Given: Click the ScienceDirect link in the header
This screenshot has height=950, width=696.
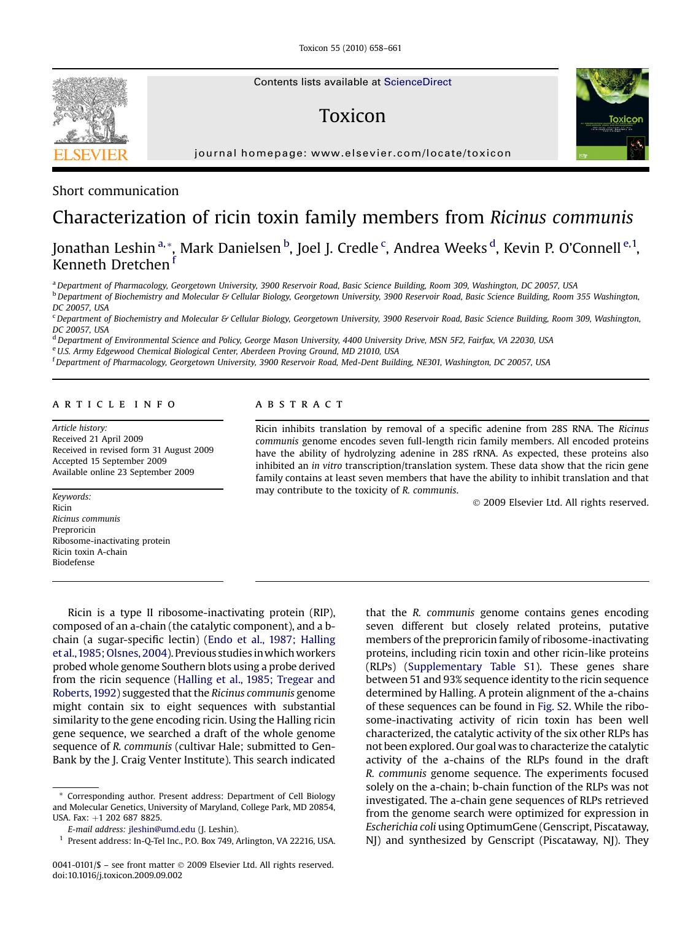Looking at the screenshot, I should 417,82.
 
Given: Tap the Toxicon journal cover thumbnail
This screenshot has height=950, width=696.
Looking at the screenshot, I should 612,114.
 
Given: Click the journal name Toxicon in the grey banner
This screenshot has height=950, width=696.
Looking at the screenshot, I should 352,116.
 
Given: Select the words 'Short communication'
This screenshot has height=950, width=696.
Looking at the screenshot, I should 115,191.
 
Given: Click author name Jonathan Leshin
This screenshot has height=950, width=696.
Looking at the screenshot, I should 104,248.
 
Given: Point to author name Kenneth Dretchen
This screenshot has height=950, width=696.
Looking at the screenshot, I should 110,265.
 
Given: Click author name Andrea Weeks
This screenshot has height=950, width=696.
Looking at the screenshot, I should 440,248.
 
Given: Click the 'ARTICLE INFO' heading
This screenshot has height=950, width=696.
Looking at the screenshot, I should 114,404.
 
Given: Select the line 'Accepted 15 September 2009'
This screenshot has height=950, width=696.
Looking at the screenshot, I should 109,461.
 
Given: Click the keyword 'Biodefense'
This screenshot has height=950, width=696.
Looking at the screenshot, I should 73,562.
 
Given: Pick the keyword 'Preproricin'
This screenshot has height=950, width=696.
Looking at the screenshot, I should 74,530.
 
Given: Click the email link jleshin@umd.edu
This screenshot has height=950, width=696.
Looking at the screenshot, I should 161,829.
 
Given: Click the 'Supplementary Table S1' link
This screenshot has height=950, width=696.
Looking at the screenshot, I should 471,666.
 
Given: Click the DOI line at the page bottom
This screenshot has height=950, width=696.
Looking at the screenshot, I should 117,876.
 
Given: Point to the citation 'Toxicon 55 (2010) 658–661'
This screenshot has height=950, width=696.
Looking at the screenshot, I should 350,48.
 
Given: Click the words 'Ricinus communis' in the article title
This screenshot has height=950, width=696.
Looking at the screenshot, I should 561,218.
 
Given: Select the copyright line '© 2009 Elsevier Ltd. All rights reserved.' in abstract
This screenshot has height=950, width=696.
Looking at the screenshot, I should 560,503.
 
